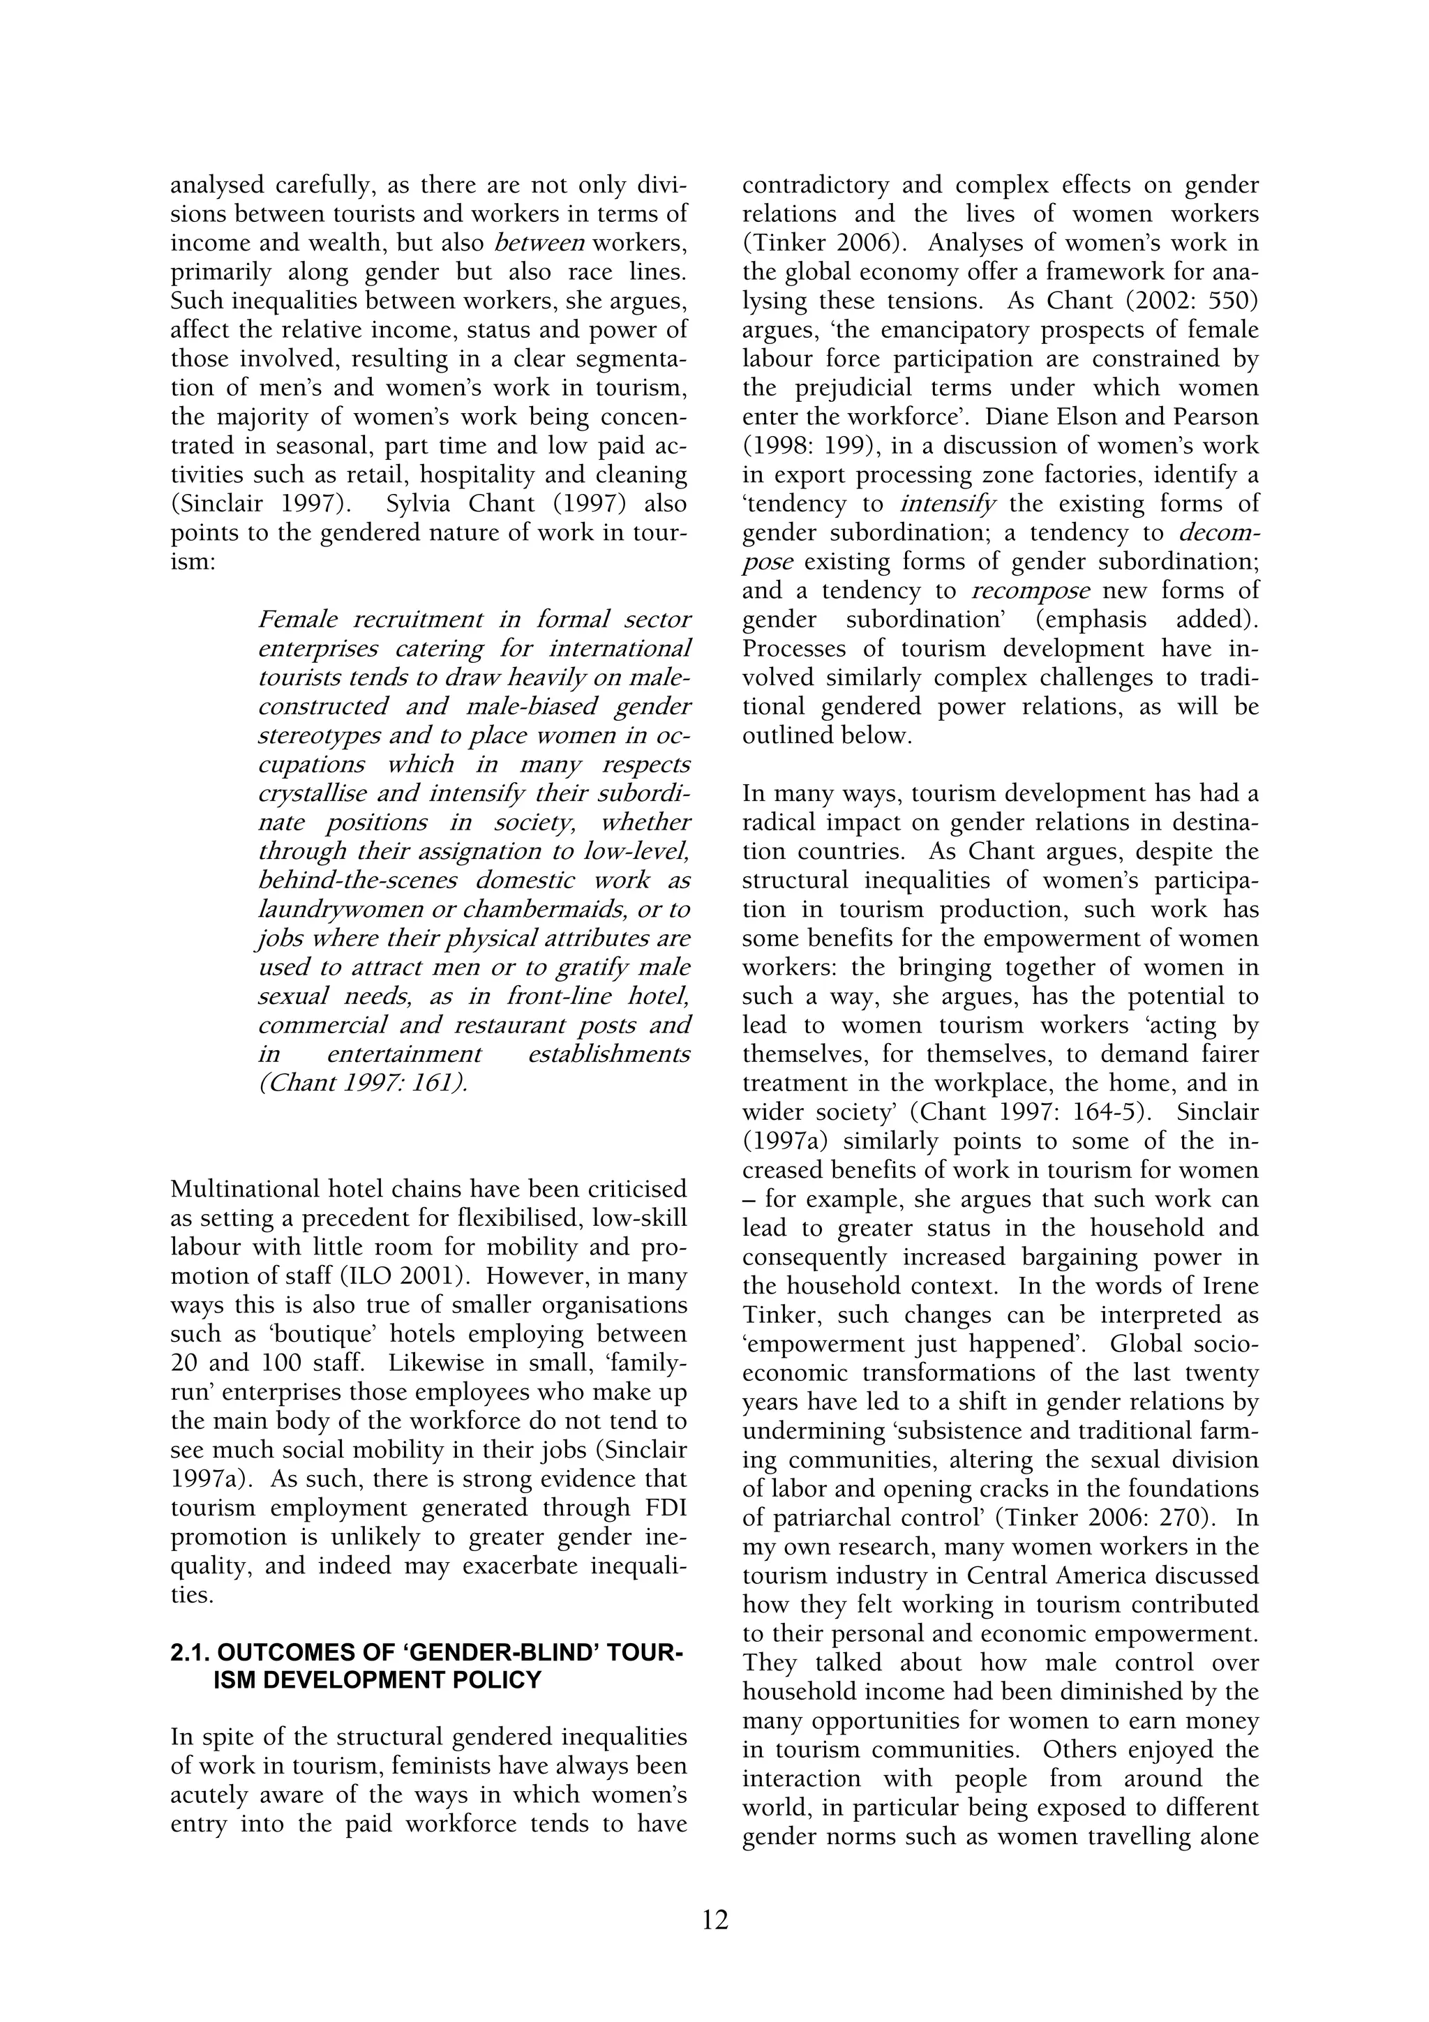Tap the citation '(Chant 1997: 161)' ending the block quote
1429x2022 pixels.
[x=364, y=1083]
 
